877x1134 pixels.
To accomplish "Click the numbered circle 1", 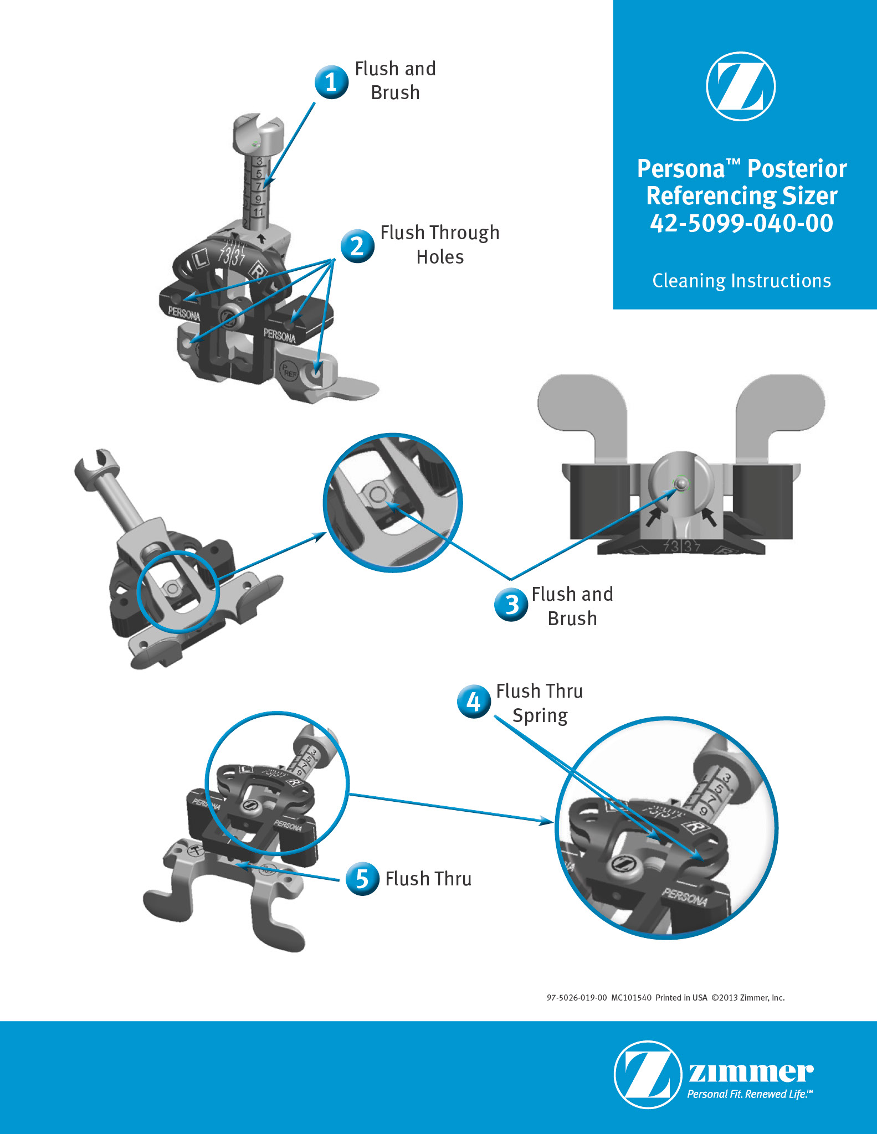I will (x=331, y=82).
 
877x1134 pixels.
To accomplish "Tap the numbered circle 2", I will (x=357, y=246).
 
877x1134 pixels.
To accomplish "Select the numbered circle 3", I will (x=511, y=604).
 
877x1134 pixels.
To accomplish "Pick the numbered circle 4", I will (x=474, y=702).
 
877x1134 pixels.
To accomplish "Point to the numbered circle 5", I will (x=362, y=879).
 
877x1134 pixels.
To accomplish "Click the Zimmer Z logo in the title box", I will (x=741, y=86).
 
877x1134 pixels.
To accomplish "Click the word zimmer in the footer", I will (x=751, y=1073).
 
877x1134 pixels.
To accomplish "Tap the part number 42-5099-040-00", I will (x=741, y=223).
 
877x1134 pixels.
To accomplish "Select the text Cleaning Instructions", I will (x=741, y=281).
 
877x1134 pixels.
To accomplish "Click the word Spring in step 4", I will (x=540, y=715).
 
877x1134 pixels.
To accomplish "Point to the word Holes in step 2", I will (x=440, y=257).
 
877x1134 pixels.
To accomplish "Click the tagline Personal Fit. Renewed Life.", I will (x=750, y=1094).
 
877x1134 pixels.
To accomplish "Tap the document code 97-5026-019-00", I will (x=577, y=998).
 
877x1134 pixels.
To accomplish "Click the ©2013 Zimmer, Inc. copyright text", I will (x=748, y=998).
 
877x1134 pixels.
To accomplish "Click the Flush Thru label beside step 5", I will (x=428, y=879).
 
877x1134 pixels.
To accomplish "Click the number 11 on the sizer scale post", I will (x=259, y=212).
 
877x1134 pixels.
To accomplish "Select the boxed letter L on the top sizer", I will (x=200, y=258).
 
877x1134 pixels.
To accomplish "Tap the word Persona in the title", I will (x=681, y=169).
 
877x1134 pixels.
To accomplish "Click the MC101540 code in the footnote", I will (x=631, y=998).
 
